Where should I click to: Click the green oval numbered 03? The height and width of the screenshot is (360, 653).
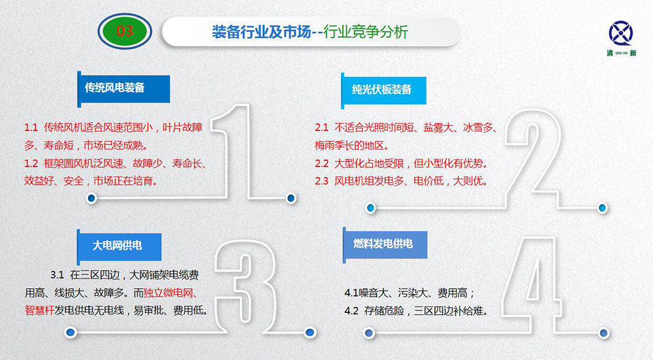click(125, 31)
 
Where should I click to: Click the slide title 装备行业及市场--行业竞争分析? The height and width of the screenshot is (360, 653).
click(310, 31)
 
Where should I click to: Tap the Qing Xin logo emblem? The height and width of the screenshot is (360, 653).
click(620, 33)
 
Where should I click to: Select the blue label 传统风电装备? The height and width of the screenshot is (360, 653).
click(123, 88)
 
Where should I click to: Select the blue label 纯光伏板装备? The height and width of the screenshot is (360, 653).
click(383, 90)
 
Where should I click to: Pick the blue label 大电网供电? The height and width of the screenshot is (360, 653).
click(119, 246)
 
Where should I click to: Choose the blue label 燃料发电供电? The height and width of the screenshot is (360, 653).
click(385, 244)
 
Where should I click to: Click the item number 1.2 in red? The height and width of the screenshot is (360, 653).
click(31, 163)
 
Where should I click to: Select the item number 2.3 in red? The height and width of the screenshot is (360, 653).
click(321, 181)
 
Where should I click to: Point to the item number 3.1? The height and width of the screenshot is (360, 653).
click(57, 275)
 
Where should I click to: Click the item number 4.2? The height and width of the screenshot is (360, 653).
click(351, 311)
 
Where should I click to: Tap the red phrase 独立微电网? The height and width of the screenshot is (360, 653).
click(168, 293)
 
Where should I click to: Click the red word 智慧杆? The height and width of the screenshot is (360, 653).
click(40, 310)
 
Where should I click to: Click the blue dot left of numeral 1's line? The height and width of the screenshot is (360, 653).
click(91, 199)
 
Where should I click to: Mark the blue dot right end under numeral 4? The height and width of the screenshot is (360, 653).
click(603, 333)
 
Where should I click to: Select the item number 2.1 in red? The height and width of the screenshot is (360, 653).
click(321, 127)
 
